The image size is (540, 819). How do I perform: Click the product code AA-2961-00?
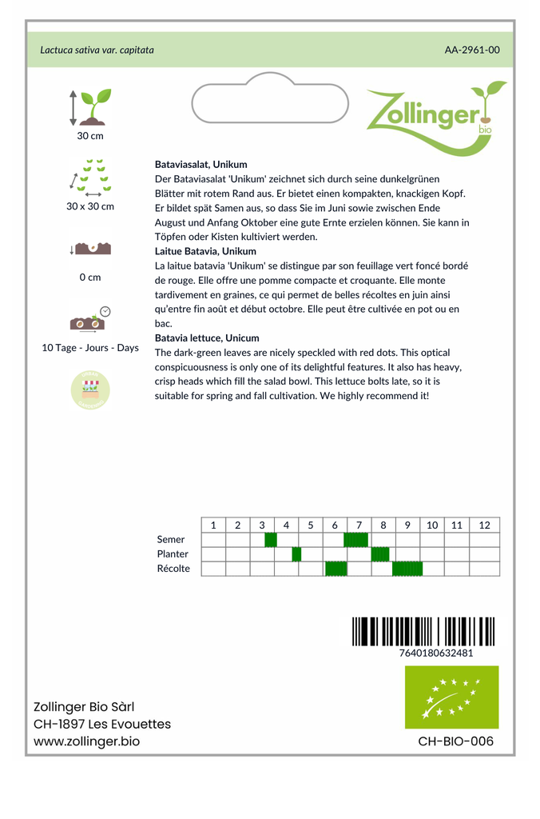point(472,50)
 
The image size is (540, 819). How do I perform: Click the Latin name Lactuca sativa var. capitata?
point(97,50)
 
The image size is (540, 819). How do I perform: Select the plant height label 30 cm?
point(90,136)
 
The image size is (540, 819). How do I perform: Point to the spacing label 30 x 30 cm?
point(90,206)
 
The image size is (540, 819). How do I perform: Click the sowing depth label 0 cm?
point(90,278)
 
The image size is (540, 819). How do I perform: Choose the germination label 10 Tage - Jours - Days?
point(90,348)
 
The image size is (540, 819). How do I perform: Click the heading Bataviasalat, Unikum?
point(201,164)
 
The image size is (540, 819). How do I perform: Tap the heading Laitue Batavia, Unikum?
point(205,251)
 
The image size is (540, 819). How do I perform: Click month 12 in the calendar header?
point(484,525)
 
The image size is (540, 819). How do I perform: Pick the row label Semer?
point(171,540)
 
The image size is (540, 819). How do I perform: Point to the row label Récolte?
point(174,569)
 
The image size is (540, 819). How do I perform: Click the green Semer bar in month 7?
point(355,540)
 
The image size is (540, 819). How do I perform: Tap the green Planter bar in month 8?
point(380,554)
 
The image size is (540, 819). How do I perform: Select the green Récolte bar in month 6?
point(336,569)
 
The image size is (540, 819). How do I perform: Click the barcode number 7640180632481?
point(436,653)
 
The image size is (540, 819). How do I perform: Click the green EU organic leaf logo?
point(451,697)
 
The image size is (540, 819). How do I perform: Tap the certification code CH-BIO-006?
point(455,741)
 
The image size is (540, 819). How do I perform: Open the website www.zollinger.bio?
point(86,741)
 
